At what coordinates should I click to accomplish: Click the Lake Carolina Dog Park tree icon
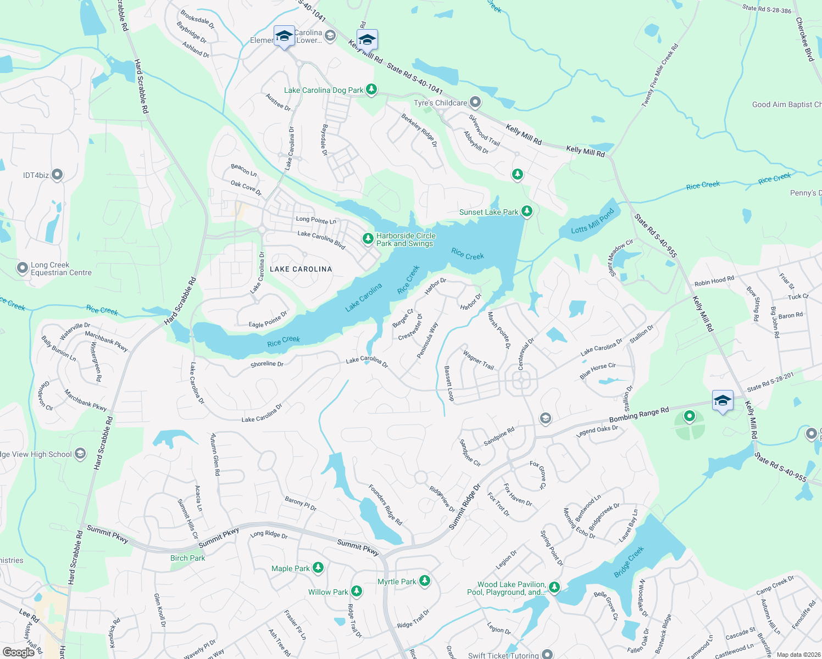(371, 90)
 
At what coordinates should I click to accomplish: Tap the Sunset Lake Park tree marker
(526, 211)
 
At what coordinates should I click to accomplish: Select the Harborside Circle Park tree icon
(368, 239)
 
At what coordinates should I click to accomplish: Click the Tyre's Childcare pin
(475, 103)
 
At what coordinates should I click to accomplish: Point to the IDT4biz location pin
(57, 175)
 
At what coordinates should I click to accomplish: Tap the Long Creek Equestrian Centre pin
(22, 269)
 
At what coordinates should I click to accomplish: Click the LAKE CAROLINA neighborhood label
(301, 269)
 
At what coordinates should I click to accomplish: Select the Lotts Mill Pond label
(592, 222)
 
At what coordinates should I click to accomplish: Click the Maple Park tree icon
(318, 568)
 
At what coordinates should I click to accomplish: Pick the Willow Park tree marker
(357, 591)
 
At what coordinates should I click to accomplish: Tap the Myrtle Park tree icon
(424, 581)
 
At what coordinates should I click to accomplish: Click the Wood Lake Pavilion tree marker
(554, 588)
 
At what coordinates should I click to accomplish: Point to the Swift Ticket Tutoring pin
(547, 655)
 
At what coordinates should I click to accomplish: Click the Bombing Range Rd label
(639, 415)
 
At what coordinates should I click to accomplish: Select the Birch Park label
(187, 558)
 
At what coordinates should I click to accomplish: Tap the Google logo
(18, 652)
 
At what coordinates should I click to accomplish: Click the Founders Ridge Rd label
(385, 505)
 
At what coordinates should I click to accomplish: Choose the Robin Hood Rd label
(714, 281)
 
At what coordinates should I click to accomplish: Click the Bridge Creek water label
(629, 562)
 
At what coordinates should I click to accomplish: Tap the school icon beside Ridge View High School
(80, 454)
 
